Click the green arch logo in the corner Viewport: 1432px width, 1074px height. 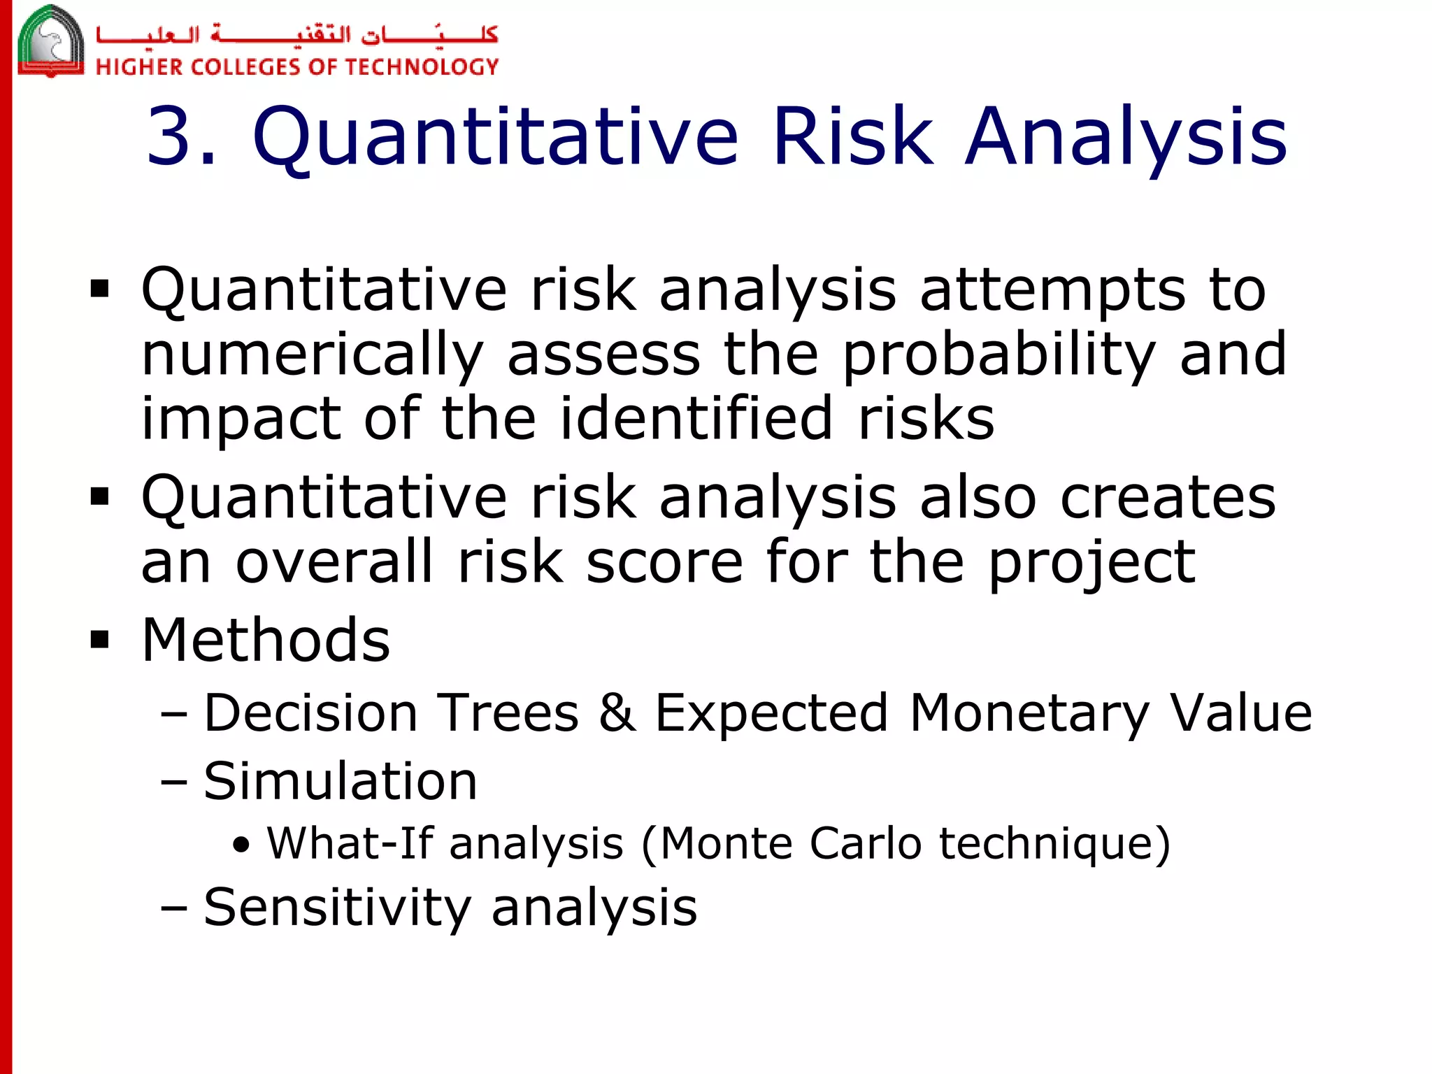50,41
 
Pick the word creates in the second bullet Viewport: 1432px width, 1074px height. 1168,497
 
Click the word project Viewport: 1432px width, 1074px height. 1091,562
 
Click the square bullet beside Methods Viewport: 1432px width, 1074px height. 100,639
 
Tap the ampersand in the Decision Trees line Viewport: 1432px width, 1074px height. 617,713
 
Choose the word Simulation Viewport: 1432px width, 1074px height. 341,780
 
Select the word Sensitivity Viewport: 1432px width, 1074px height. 338,908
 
